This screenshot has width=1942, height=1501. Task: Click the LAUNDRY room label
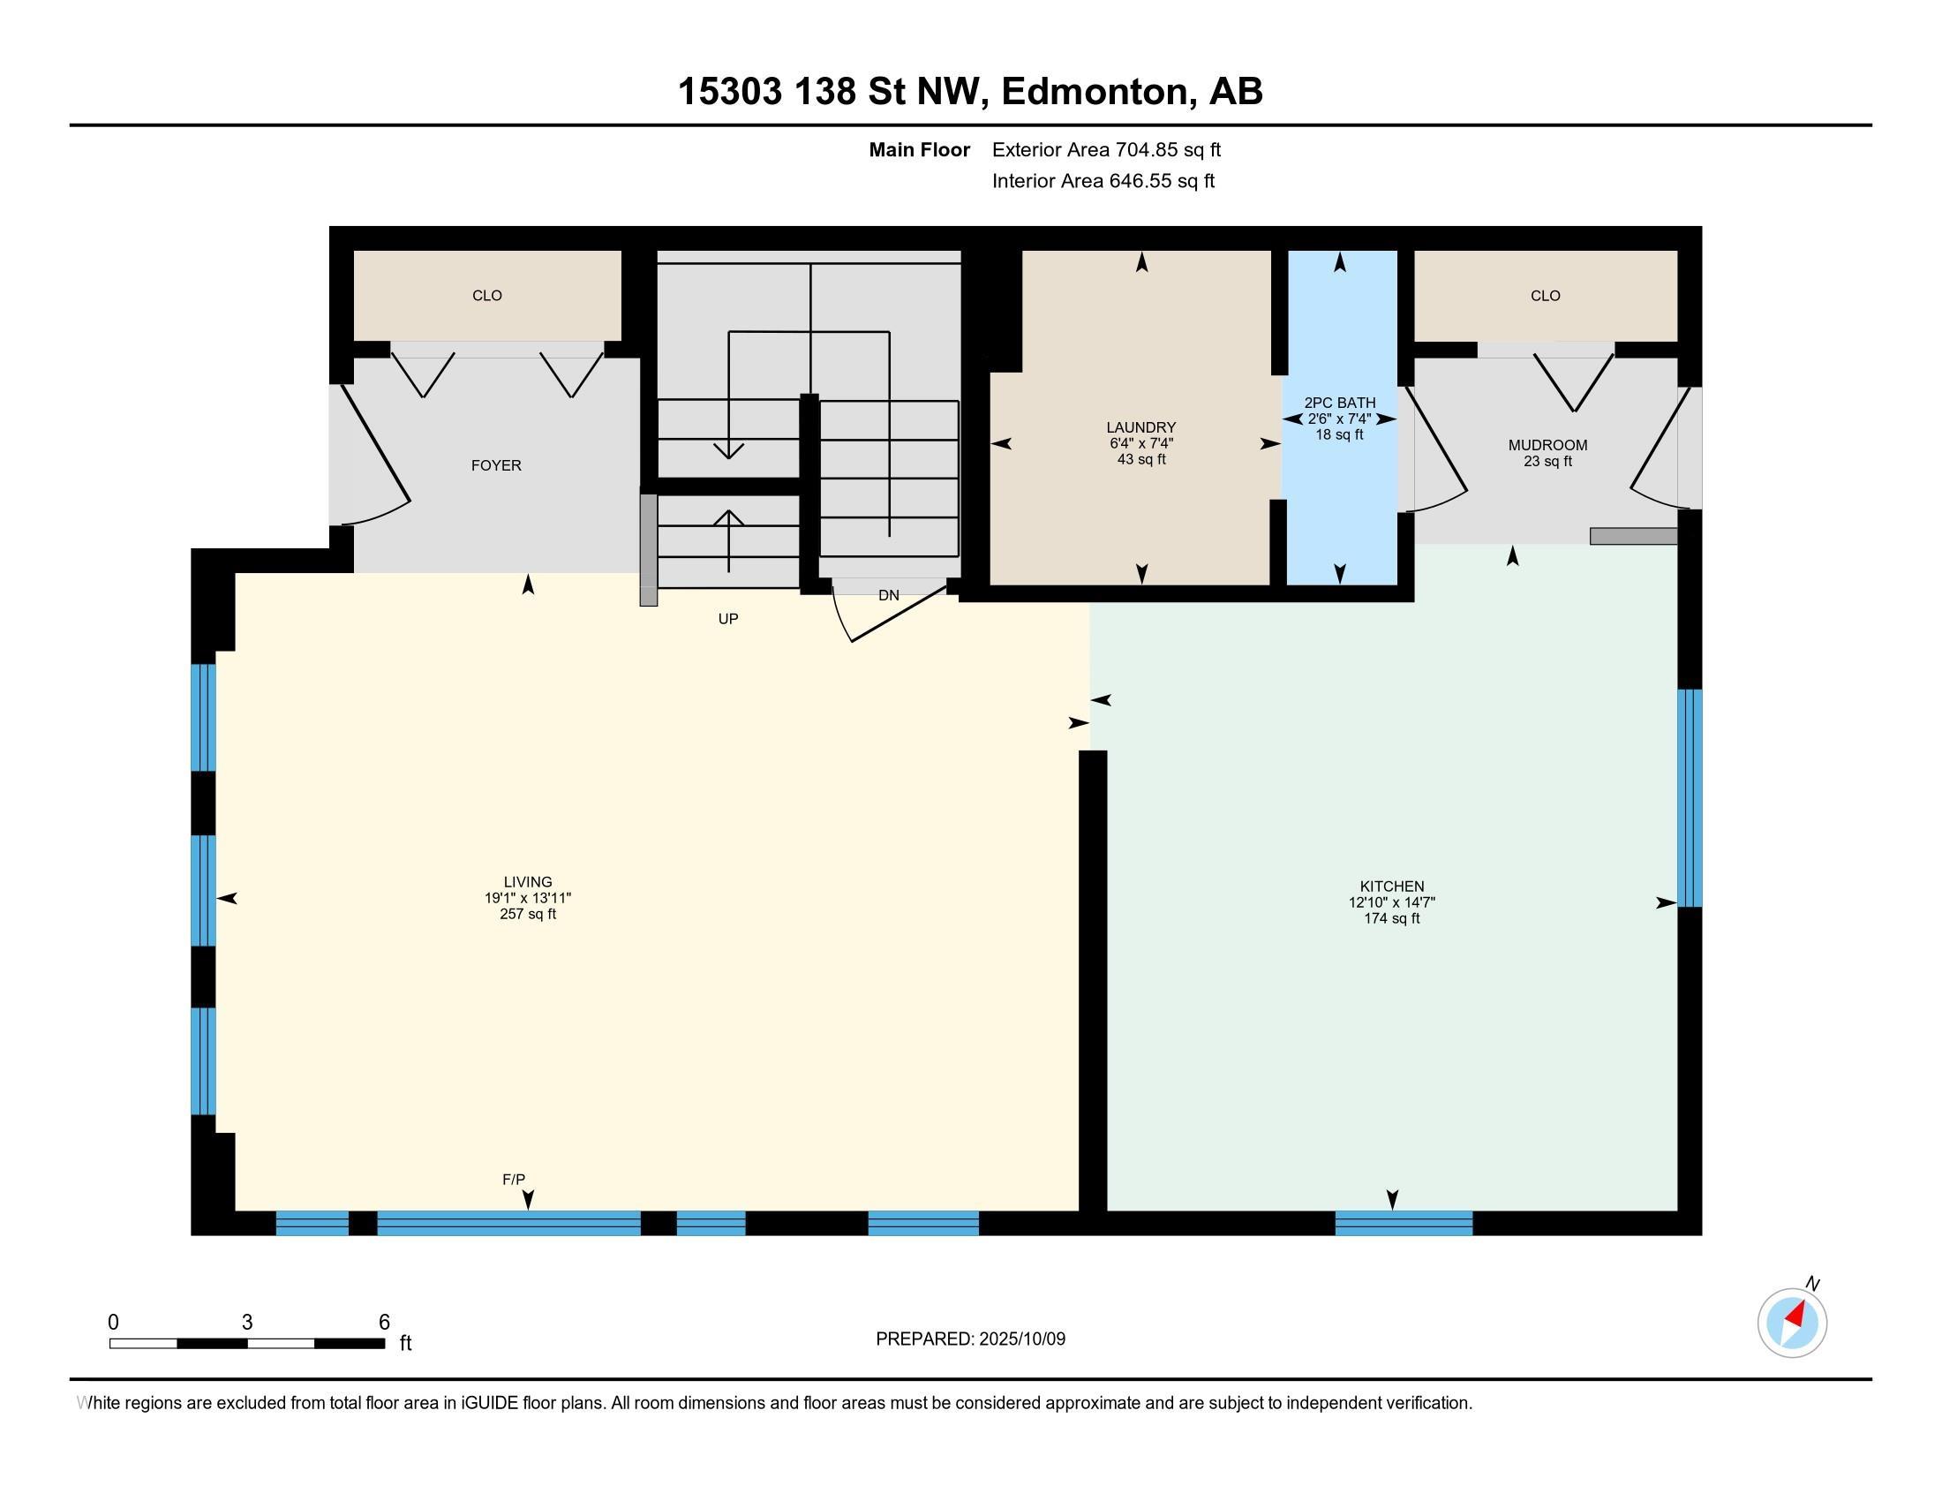click(1140, 427)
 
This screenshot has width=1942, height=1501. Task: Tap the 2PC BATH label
click(1339, 403)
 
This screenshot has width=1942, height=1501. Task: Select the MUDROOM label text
click(1547, 446)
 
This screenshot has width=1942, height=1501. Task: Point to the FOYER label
click(496, 466)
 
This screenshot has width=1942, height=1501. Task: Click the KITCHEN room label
click(1391, 886)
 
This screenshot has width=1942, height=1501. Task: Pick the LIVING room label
click(528, 883)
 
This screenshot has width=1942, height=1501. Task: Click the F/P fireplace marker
click(514, 1179)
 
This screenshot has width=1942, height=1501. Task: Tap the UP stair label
click(728, 619)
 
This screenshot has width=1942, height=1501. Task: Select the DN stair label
click(888, 596)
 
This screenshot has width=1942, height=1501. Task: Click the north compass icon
click(1792, 1323)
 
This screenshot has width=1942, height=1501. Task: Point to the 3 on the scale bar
click(247, 1323)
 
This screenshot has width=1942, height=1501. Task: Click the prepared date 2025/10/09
click(1021, 1339)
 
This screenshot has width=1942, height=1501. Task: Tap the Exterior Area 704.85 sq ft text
click(1106, 150)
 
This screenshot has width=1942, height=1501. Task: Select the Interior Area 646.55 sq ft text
click(1103, 181)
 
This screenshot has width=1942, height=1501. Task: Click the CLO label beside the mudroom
click(1546, 296)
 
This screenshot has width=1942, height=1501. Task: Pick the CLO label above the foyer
click(487, 296)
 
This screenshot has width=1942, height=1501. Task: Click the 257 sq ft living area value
click(528, 914)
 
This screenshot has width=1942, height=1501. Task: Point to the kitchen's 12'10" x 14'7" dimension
click(1391, 902)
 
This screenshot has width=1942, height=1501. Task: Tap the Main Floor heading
click(920, 150)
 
